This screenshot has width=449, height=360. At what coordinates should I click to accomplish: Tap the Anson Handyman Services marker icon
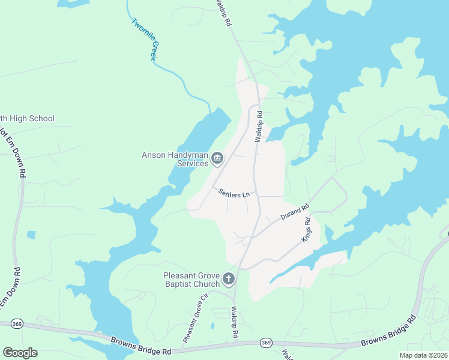point(217,158)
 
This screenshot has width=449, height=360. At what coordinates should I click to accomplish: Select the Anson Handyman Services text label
point(175,159)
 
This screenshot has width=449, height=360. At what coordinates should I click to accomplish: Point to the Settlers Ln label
point(234,194)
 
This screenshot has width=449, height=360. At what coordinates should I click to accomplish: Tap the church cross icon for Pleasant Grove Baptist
point(228,278)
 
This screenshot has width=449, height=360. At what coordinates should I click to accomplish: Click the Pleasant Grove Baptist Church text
point(191,280)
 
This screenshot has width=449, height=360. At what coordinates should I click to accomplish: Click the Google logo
point(20,353)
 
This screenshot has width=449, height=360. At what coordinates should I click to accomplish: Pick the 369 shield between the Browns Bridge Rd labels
point(266,343)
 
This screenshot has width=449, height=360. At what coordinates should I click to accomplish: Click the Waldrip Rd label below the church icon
point(236,322)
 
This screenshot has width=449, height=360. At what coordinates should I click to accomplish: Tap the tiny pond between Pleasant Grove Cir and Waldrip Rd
point(212,326)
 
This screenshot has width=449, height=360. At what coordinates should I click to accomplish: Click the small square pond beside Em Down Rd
point(31,235)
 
